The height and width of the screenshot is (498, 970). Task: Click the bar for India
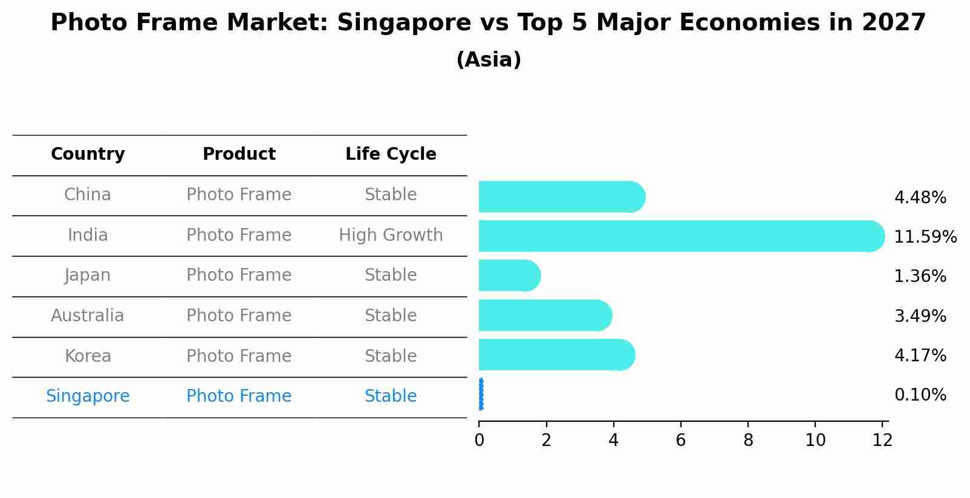[677, 236]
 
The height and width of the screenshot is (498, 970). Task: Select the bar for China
[559, 197]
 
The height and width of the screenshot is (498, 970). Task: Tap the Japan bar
[508, 275]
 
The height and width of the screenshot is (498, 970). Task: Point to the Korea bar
[555, 355]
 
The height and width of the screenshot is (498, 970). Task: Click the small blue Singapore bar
[481, 395]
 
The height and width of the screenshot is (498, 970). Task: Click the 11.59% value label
[925, 237]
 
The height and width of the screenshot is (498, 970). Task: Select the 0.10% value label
[920, 395]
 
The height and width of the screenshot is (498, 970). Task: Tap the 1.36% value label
[920, 277]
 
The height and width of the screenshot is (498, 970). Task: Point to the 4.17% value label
[920, 355]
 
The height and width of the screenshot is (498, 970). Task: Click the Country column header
[88, 154]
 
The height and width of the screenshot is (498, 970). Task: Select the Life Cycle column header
[391, 154]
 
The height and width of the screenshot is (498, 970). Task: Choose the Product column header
[239, 154]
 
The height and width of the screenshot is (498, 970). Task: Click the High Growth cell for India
[391, 235]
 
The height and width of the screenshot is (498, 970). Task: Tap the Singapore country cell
[88, 396]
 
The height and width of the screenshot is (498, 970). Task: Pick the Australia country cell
[88, 316]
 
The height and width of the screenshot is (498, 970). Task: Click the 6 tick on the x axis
[681, 440]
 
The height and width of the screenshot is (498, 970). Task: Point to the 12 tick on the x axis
[882, 440]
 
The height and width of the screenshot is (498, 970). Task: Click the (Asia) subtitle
[489, 60]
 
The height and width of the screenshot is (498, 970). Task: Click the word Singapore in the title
[403, 23]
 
